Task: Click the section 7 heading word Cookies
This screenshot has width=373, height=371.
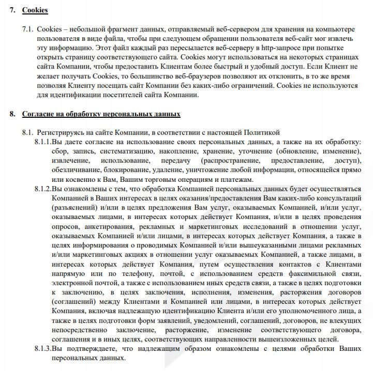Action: [35, 10]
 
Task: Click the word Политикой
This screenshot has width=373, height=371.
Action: [263, 133]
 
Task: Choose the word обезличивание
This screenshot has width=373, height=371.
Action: [76, 170]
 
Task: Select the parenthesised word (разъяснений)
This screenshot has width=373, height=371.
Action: [74, 207]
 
